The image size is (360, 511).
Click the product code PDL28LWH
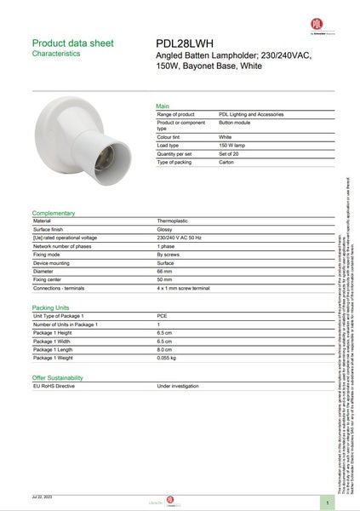185,43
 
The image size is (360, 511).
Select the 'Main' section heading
163,106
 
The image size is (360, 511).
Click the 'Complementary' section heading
54,212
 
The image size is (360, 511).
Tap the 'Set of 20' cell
231,153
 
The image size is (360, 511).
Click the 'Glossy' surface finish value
165,229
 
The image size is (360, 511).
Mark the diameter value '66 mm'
164,272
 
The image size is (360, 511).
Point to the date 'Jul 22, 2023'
43,496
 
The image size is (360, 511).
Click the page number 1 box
327,502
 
